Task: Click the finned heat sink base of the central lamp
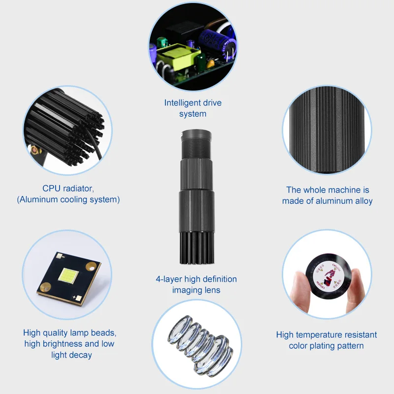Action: coord(196,246)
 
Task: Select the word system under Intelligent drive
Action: coord(193,114)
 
